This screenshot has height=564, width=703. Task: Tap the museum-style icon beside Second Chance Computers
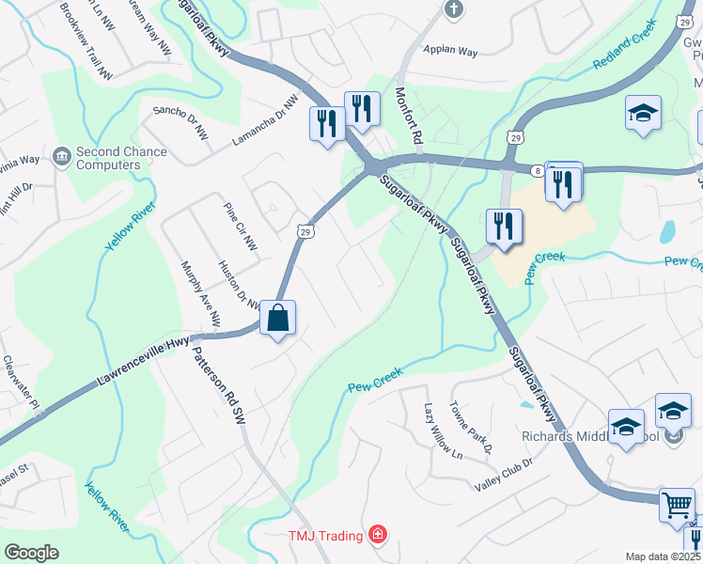tap(62, 154)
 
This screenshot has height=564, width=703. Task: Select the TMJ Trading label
tap(326, 536)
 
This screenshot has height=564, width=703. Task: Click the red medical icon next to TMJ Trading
tap(378, 535)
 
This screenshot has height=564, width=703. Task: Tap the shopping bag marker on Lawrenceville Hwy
tap(278, 318)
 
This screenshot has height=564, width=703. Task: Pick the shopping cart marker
tap(678, 505)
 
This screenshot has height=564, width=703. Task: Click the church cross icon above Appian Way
tap(454, 10)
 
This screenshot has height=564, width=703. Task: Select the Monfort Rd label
tap(410, 117)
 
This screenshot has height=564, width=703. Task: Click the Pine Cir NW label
tap(240, 227)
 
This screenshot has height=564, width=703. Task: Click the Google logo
tap(32, 552)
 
